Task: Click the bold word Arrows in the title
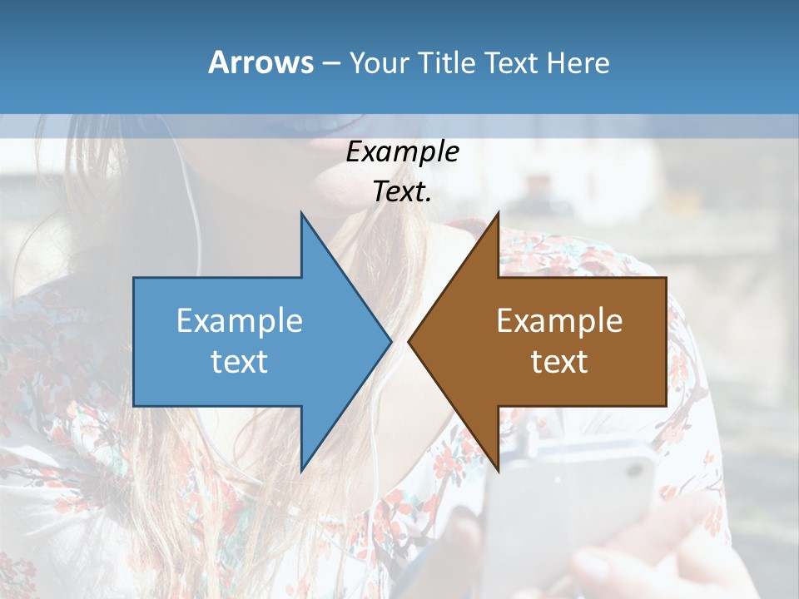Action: (261, 62)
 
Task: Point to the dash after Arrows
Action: (330, 63)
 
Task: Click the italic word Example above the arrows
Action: (402, 152)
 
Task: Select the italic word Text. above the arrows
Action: (402, 192)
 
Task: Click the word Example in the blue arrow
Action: (240, 320)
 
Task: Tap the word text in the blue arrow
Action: (240, 361)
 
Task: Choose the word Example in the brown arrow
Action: (559, 320)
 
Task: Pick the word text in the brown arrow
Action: (559, 361)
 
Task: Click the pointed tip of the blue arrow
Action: (390, 341)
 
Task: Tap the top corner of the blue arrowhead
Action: (302, 215)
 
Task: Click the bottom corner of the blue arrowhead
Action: (302, 469)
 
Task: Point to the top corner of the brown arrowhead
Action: (498, 215)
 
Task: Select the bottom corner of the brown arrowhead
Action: (498, 469)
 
